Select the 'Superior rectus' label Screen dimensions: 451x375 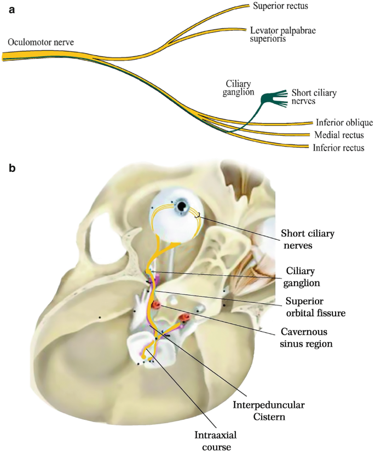(x=280, y=7)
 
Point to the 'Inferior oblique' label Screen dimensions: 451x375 (x=344, y=122)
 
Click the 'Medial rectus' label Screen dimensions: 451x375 (x=339, y=135)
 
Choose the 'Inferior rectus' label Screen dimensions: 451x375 (x=338, y=148)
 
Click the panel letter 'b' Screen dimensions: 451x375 (x=12, y=165)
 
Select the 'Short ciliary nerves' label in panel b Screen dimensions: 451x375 (x=307, y=239)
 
